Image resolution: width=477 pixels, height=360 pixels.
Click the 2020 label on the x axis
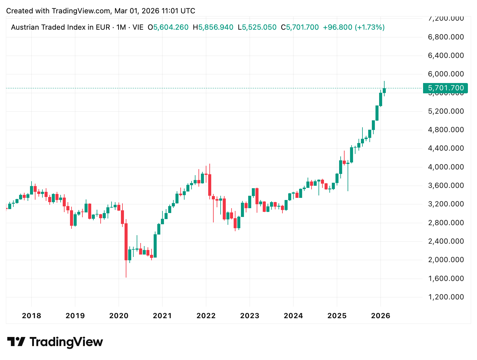click(119, 316)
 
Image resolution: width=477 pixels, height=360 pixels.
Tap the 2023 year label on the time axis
click(250, 316)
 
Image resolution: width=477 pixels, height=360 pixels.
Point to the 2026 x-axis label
click(381, 316)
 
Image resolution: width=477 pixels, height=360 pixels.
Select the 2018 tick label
click(32, 316)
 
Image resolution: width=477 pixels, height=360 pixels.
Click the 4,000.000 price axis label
click(446, 167)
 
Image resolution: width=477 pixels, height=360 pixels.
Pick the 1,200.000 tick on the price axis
click(446, 297)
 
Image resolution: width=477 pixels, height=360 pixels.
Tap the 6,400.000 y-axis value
click(446, 55)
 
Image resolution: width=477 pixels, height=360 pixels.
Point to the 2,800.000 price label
click(446, 223)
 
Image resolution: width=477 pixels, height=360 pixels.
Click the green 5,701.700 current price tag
click(445, 88)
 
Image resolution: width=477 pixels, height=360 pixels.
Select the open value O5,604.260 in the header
click(168, 27)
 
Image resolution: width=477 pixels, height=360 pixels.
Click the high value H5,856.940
click(213, 27)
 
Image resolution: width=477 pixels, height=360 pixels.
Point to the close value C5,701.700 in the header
click(300, 27)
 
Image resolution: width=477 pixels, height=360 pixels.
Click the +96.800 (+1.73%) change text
click(354, 27)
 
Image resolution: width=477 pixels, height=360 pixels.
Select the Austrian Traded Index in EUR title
click(60, 27)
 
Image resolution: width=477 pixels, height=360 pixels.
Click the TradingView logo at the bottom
click(55, 342)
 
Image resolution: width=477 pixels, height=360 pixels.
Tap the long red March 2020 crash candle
click(126, 242)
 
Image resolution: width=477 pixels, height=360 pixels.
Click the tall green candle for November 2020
click(155, 246)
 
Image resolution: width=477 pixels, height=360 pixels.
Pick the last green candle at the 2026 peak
click(384, 90)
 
